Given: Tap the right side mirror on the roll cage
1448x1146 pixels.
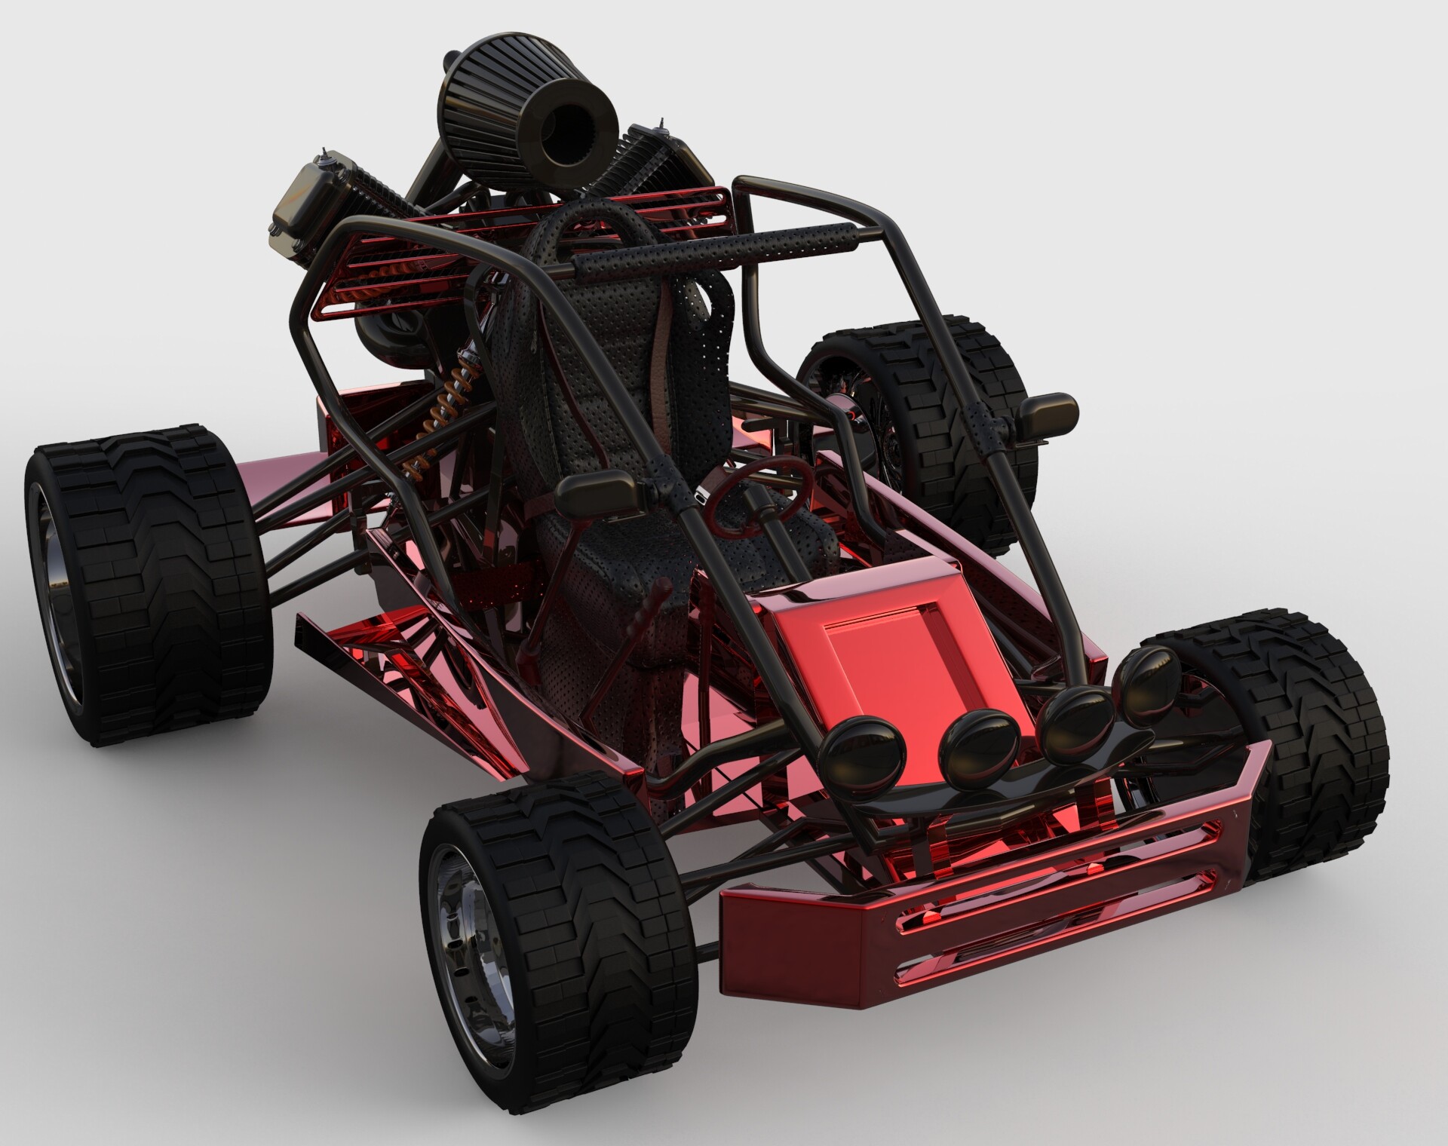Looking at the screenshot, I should pos(1045,415).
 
